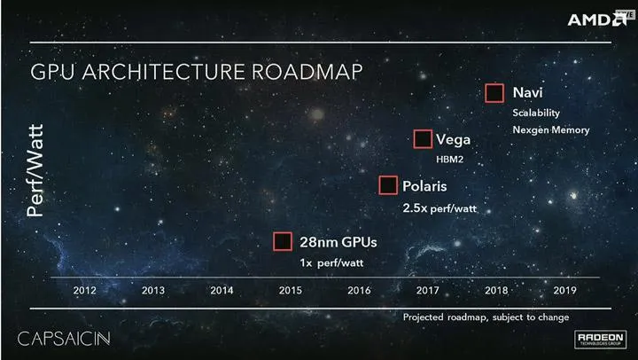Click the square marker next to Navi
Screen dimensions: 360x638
point(494,93)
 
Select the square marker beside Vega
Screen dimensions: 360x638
point(423,139)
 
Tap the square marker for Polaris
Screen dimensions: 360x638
point(387,185)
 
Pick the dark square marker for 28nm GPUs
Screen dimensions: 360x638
point(282,241)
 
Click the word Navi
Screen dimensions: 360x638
point(527,92)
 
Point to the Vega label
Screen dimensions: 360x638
point(452,140)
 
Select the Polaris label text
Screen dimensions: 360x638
point(424,187)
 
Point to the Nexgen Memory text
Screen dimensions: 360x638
point(550,129)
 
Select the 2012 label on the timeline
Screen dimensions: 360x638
point(84,290)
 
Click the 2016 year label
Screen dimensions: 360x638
point(359,290)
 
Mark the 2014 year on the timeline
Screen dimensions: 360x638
point(222,290)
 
